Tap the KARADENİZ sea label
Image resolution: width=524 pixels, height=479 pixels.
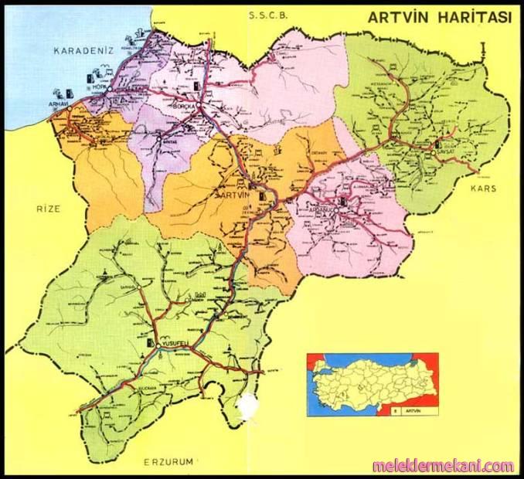pyautogui.click(x=83, y=51)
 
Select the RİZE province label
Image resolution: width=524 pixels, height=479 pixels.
pyautogui.click(x=48, y=208)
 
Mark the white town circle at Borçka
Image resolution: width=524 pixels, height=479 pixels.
pyautogui.click(x=200, y=105)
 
